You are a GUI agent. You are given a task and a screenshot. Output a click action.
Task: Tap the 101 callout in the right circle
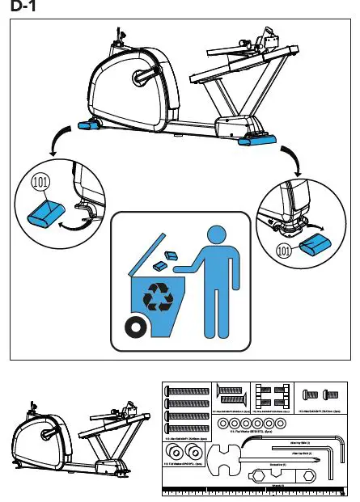point(284,251)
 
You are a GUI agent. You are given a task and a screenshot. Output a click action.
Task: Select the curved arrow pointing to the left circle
point(55,143)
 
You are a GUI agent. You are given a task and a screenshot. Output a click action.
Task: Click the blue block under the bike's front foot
point(87,125)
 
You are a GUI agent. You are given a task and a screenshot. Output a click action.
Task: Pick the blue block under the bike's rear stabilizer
point(257,140)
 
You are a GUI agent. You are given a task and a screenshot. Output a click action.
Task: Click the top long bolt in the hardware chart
point(188,391)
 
